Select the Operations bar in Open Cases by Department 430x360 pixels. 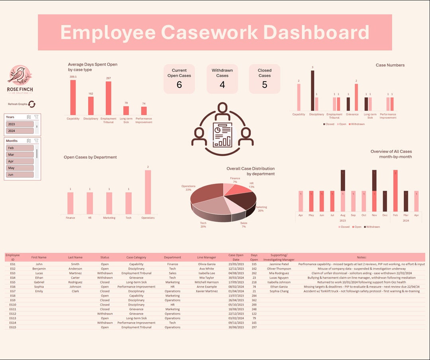pyautogui.click(x=148, y=192)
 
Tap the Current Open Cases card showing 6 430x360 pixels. pyautogui.click(x=179, y=79)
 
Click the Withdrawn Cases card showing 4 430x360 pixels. pyautogui.click(x=222, y=79)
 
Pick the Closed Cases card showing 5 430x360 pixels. pyautogui.click(x=264, y=79)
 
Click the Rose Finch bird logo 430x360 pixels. pyautogui.click(x=20, y=75)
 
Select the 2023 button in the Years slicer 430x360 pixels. pyautogui.click(x=20, y=124)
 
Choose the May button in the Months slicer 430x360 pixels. pyautogui.click(x=20, y=168)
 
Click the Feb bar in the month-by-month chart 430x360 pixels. pyautogui.click(x=395, y=191)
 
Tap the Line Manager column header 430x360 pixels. pyautogui.click(x=207, y=258)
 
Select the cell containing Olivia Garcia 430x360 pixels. pyautogui.click(x=207, y=264)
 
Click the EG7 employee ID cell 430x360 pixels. pyautogui.click(x=13, y=291)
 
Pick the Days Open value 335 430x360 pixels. pyautogui.click(x=254, y=264)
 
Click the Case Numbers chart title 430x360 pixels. pyautogui.click(x=390, y=65)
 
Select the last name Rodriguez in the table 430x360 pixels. pyautogui.click(x=75, y=282)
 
